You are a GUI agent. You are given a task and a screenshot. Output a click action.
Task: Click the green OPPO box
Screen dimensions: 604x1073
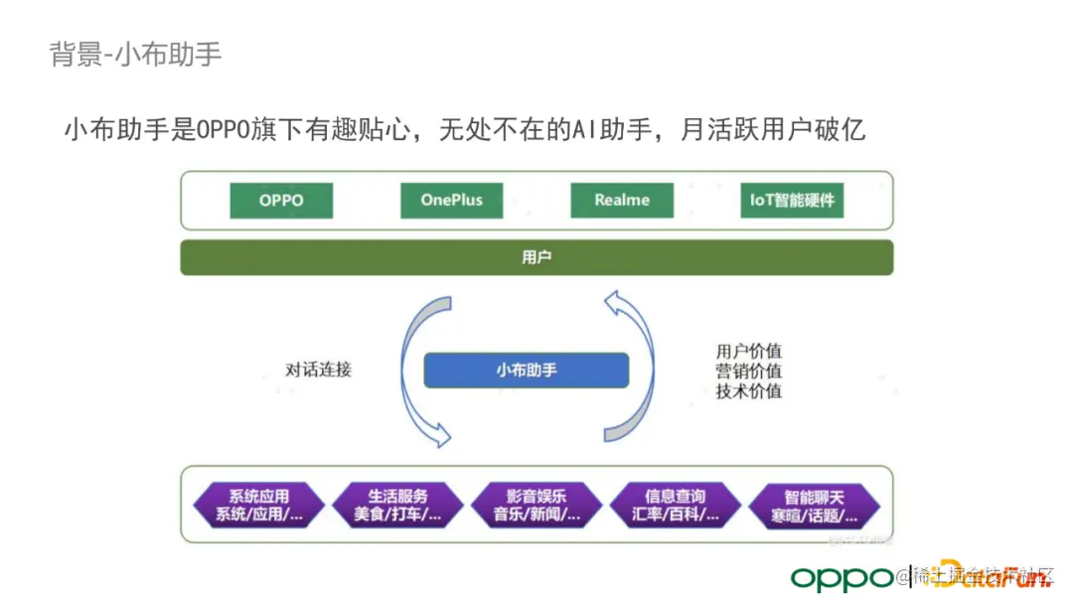(x=281, y=200)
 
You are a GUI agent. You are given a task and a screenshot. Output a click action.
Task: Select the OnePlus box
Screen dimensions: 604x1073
(x=451, y=200)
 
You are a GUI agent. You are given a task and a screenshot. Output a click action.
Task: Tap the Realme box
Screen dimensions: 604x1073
(x=622, y=200)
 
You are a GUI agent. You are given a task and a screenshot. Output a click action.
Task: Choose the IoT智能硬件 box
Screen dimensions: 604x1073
(x=792, y=200)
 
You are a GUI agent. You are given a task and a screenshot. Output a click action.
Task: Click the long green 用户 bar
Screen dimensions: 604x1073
(x=536, y=257)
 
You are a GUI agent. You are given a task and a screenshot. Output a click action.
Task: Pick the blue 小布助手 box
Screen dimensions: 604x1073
(x=527, y=371)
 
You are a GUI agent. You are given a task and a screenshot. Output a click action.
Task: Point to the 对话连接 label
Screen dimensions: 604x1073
(x=318, y=370)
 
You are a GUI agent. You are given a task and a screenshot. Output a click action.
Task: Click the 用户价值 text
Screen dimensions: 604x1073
(x=748, y=351)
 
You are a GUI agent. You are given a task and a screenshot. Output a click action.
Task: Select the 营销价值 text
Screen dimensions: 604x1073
(x=748, y=371)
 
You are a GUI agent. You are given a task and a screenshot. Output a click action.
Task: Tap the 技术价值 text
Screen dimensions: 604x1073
(x=748, y=390)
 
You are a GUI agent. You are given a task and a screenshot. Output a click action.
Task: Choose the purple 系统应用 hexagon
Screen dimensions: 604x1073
(x=259, y=505)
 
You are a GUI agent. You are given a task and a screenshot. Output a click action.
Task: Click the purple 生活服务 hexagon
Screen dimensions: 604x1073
(x=398, y=505)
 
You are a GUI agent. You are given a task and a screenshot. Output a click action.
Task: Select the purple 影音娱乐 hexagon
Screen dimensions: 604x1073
(x=536, y=505)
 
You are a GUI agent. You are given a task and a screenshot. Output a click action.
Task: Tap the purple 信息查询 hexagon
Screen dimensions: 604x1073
(x=676, y=505)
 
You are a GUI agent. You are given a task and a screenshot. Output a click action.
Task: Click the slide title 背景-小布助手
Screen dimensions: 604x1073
(x=135, y=54)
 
